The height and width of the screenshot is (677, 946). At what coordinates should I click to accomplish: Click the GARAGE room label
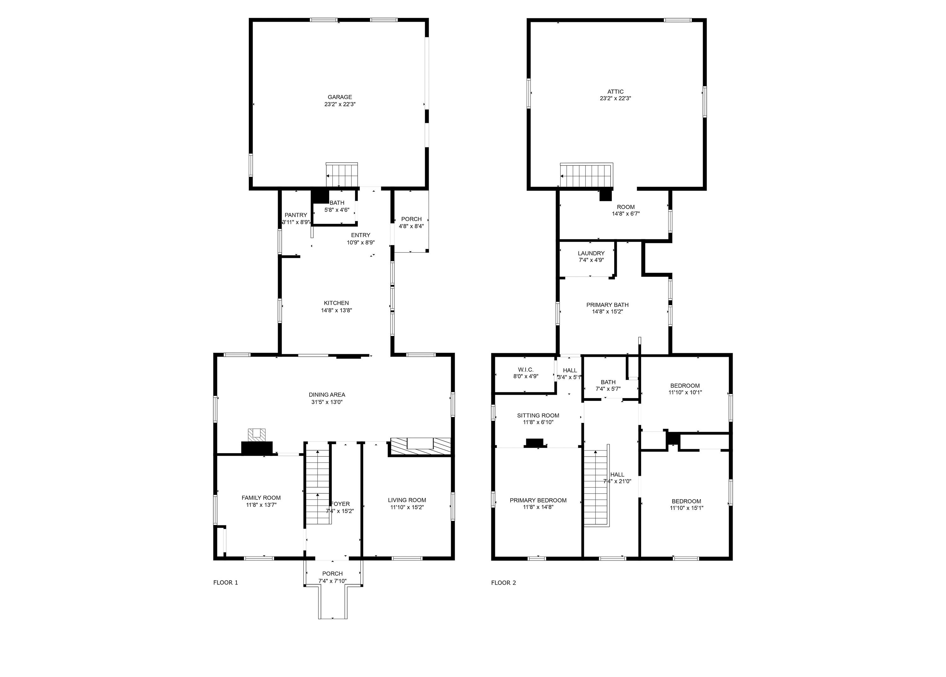tap(340, 97)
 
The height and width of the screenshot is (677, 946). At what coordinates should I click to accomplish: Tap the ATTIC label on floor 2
tap(615, 92)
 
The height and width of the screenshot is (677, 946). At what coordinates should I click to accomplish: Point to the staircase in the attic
tap(586, 176)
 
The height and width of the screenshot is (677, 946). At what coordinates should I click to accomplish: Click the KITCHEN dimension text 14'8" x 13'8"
tap(336, 310)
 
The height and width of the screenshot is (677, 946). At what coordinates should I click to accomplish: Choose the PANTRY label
tap(296, 215)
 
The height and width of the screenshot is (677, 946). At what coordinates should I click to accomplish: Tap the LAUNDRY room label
tap(591, 253)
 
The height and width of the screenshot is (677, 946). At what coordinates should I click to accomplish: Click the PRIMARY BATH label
tap(607, 305)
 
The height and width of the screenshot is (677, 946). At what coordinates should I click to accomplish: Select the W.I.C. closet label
tap(526, 370)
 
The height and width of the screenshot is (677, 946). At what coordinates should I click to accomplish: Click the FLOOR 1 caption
tap(226, 582)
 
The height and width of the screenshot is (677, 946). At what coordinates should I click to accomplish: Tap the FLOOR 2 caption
tap(504, 582)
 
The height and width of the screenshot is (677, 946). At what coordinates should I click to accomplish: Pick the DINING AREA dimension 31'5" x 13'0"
tap(327, 402)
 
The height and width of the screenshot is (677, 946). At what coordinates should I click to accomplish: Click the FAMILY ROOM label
tap(261, 498)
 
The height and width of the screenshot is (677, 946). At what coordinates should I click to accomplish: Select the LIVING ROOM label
tap(407, 500)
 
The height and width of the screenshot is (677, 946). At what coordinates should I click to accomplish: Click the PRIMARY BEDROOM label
tap(538, 500)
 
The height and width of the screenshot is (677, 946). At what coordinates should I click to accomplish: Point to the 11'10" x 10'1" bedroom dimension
tap(685, 392)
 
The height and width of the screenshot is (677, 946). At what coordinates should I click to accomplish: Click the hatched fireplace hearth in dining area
tap(420, 447)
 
